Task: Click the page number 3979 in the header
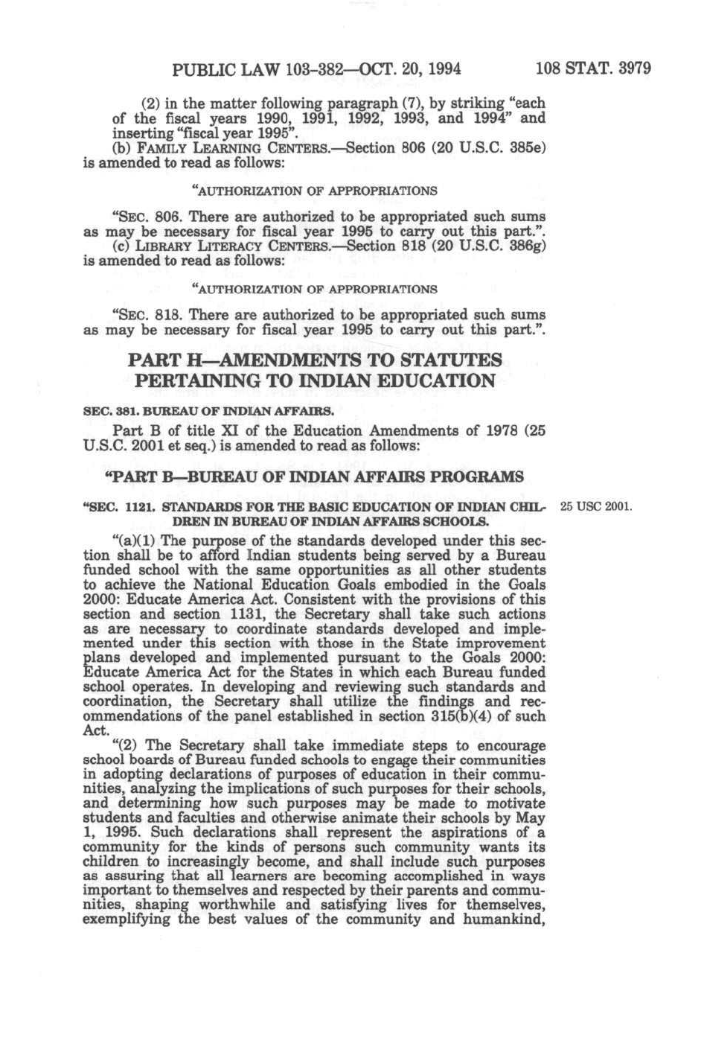coord(631,69)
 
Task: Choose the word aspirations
coord(470,832)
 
